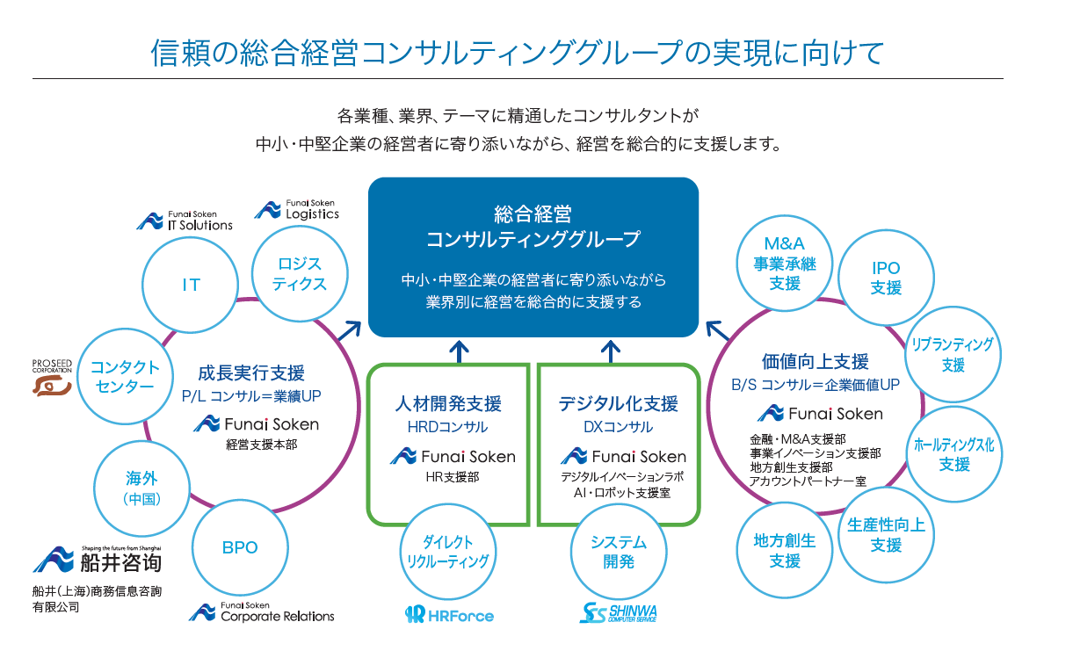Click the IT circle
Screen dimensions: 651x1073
pyautogui.click(x=191, y=285)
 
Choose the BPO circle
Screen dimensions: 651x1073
pyautogui.click(x=239, y=547)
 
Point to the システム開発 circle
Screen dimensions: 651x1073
pyautogui.click(x=618, y=552)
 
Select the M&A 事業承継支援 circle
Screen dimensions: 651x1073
pyautogui.click(x=785, y=262)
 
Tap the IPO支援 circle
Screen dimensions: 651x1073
pyautogui.click(x=886, y=278)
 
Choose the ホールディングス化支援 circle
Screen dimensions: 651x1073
pyautogui.click(x=953, y=453)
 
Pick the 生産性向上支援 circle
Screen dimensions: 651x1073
pyautogui.click(x=886, y=534)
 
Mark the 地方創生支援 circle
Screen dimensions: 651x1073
pyautogui.click(x=785, y=551)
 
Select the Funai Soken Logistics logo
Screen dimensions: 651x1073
pyautogui.click(x=296, y=209)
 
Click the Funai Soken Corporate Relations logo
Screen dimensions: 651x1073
pyautogui.click(x=262, y=612)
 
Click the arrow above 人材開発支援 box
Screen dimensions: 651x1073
pyautogui.click(x=459, y=351)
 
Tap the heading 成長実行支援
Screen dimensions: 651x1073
pyautogui.click(x=250, y=373)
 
